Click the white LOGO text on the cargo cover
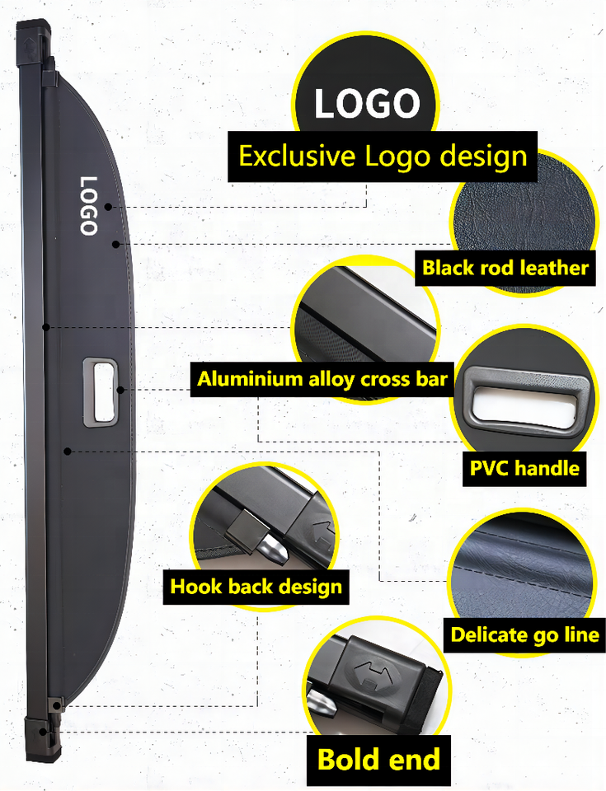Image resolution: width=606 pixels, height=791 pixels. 88,206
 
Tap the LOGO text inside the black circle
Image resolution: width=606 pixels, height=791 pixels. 367,104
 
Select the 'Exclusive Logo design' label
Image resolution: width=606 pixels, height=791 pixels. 383,156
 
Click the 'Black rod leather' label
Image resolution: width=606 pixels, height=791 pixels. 505,267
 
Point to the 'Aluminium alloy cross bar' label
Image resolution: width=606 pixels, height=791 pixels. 322,379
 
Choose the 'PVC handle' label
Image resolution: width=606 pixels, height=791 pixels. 524,468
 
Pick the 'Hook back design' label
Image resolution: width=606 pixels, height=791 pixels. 256,587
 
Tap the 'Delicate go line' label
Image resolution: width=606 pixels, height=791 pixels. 524,634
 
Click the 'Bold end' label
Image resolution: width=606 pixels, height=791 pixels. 378,759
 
